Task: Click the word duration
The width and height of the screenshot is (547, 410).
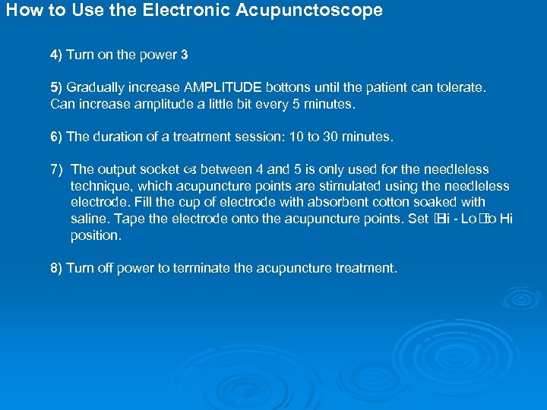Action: pos(116,137)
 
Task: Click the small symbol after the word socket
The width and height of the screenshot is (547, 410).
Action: pos(189,170)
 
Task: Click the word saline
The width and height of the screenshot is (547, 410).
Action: pos(88,219)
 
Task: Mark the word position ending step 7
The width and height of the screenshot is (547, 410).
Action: pos(95,235)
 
